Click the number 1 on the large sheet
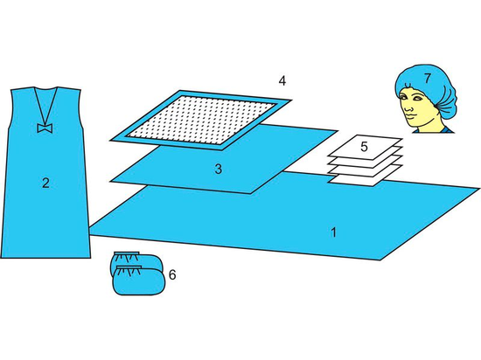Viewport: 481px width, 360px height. coord(334,232)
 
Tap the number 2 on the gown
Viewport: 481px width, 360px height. coord(45,183)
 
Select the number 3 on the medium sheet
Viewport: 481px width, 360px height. coord(218,170)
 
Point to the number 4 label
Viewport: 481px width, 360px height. coord(282,81)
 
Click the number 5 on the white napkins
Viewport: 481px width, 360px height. coord(364,147)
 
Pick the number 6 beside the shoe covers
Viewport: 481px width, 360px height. coord(172,275)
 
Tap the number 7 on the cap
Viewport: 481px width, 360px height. coord(428,79)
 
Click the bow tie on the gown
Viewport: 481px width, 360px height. coord(45,128)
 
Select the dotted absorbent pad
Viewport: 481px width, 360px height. coord(201,120)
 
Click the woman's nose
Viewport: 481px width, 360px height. coord(408,107)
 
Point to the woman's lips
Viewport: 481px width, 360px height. coord(409,117)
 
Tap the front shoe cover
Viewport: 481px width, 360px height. coord(140,280)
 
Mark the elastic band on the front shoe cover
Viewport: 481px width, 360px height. coord(129,267)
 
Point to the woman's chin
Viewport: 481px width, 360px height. coord(411,124)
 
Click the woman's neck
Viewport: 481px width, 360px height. coord(427,123)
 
